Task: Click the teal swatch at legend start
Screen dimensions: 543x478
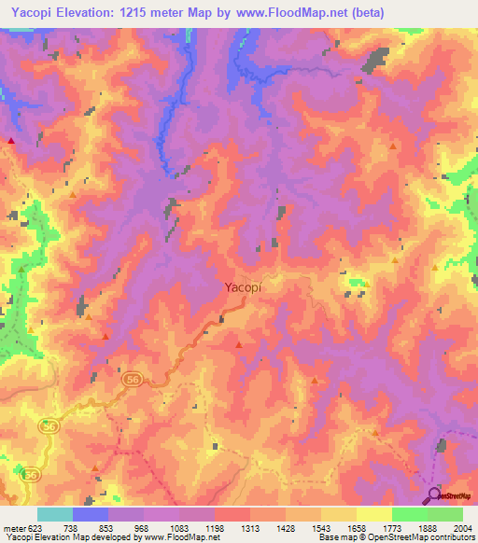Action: (54, 514)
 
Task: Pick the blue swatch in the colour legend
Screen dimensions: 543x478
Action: (90, 514)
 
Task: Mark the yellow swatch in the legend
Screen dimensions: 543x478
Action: (373, 514)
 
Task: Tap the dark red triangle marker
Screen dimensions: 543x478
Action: (11, 140)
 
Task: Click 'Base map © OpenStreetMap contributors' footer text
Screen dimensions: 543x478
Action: (395, 537)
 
